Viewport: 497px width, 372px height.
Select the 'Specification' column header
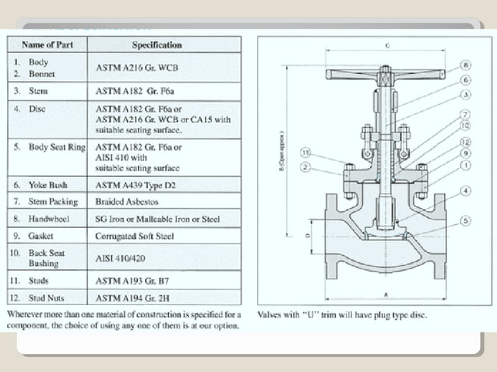[x=157, y=44]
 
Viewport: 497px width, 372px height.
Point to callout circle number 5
[x=465, y=221]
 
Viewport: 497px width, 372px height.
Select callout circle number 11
[x=306, y=152]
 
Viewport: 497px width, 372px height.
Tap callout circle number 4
[x=464, y=191]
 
